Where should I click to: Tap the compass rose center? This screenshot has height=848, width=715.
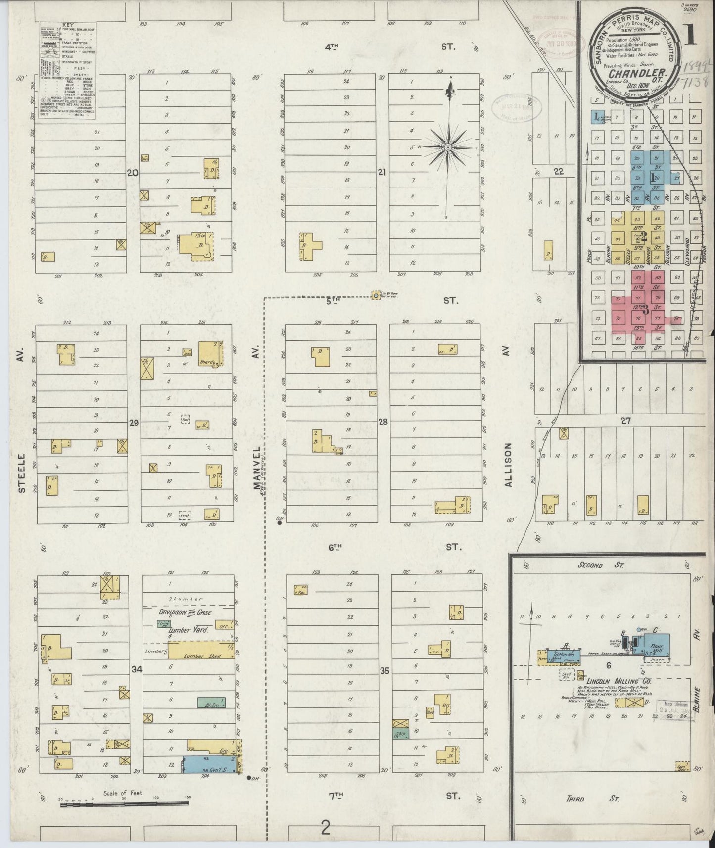(x=447, y=147)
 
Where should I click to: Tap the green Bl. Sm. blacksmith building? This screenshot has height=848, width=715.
(x=211, y=702)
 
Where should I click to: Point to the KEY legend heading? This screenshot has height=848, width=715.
(x=67, y=24)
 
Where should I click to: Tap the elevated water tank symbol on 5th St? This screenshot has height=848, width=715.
(x=376, y=295)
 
